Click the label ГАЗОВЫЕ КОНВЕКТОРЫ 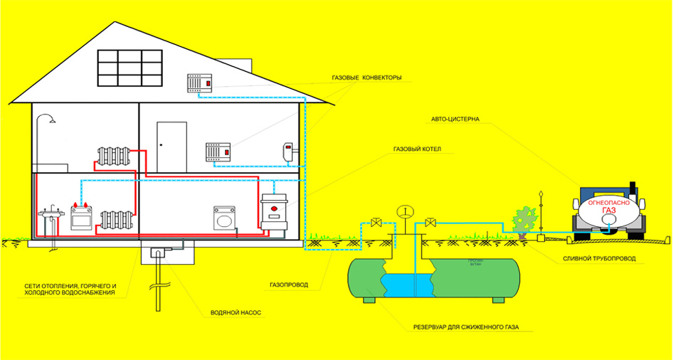coord(366,78)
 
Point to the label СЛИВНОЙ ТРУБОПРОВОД coord(597,258)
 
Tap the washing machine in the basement coord(225,217)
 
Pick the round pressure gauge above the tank coord(406,211)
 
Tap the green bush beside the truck coord(524,220)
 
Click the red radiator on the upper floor coord(112,156)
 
